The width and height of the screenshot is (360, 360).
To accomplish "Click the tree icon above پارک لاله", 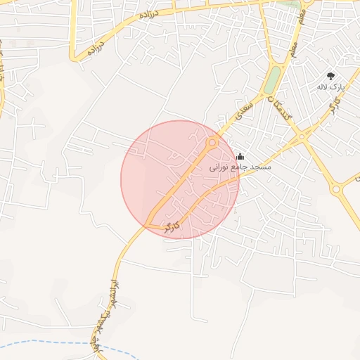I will pos(330,76).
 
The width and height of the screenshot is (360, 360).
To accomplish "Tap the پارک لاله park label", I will pos(329,87).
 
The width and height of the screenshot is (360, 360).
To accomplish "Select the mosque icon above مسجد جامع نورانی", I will pos(240,157).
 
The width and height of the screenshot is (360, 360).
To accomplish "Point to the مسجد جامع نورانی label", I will pos(240,168).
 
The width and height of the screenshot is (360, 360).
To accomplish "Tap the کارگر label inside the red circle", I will pos(172,226).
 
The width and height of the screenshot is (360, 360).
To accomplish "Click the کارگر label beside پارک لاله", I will pos(335,105).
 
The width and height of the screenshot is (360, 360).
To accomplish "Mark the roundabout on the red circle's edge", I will pos(212,143).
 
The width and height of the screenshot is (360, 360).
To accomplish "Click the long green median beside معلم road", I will pos(272,79).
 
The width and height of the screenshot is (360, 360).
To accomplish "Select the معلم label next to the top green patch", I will pos(303,11).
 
